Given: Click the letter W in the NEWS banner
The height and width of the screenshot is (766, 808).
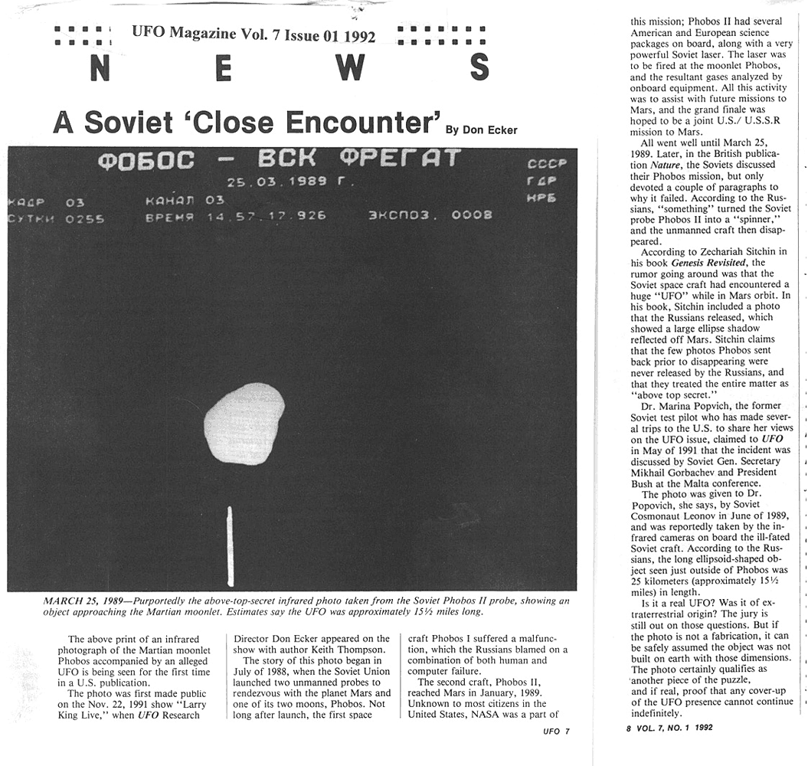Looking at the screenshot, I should point(350,68).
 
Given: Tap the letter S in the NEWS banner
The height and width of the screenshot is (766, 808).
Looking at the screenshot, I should point(478,68).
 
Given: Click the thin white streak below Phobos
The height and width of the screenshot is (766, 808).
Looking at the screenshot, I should point(230,545).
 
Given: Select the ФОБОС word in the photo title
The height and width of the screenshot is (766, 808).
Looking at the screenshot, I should point(146,161).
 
